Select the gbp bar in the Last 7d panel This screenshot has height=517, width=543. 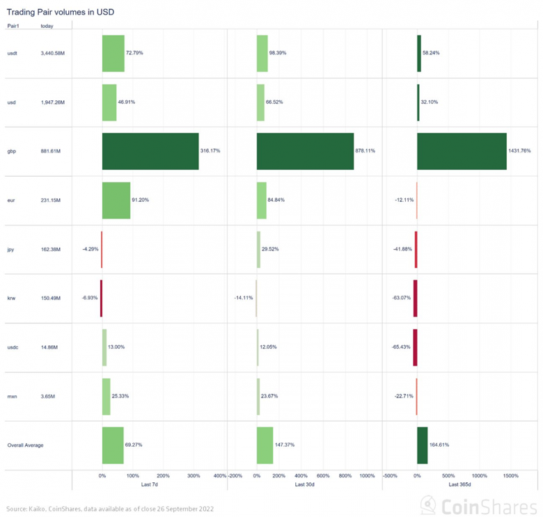point(150,151)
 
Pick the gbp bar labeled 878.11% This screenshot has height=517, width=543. point(305,151)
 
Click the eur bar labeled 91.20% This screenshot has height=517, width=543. point(116,200)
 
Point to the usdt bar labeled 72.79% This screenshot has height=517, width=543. point(113,53)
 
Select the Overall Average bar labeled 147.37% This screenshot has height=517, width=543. point(265,445)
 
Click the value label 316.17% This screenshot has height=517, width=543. point(210,151)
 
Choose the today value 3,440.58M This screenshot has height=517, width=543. point(53,53)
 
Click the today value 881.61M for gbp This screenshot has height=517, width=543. point(52,151)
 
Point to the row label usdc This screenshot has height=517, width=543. point(13,347)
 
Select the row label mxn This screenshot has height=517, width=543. point(12,397)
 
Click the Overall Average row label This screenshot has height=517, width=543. point(25,445)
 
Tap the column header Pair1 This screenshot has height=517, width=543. point(13,26)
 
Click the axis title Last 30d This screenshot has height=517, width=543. point(305,484)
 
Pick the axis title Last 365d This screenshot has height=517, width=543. point(460,484)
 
